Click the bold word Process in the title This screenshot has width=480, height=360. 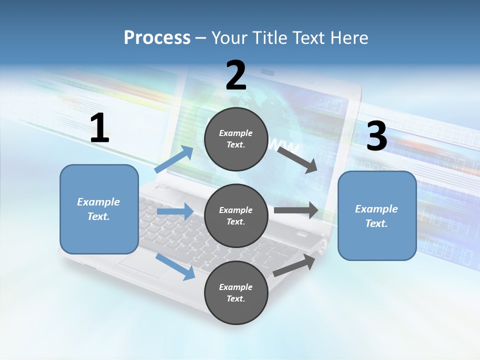157,37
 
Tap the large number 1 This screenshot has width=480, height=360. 99,128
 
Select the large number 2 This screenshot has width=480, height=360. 236,75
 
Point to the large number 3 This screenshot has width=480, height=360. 376,136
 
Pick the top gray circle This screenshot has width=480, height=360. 235,139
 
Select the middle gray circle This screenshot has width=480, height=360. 235,215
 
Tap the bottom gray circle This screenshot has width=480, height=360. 235,292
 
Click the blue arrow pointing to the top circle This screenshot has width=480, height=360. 174,159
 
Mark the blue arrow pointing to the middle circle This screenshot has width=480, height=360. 175,211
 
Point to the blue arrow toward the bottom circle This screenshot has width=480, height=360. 175,266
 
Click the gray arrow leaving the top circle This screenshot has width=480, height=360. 297,159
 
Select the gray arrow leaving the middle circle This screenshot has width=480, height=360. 296,210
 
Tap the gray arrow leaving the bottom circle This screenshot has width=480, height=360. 294,265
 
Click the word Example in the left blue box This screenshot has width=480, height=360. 98,202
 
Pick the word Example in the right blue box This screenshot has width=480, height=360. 376,209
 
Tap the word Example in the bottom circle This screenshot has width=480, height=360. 235,287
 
